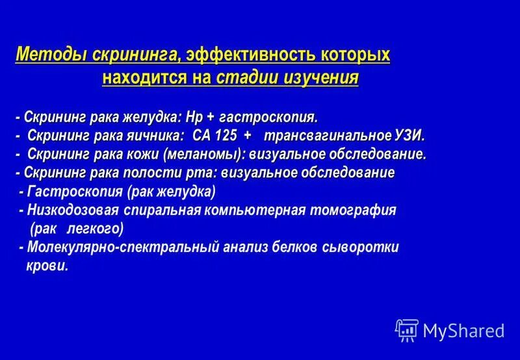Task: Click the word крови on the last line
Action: coord(47,266)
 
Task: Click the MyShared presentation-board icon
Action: coord(406,330)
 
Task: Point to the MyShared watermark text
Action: coord(463,331)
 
